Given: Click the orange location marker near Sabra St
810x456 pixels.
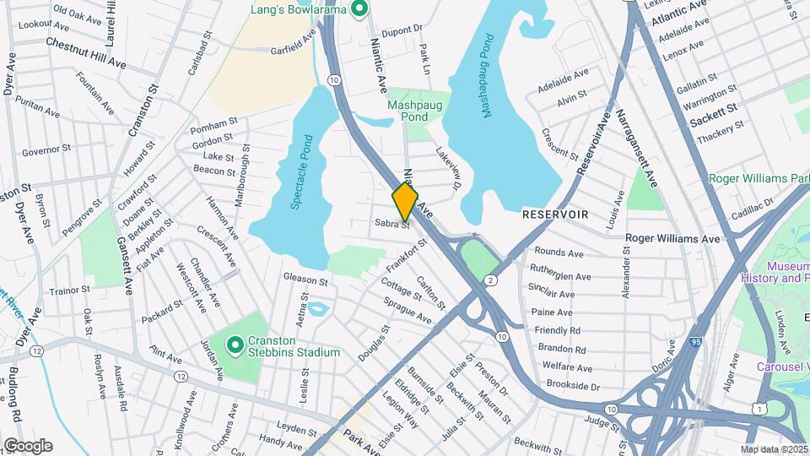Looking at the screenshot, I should [405, 202].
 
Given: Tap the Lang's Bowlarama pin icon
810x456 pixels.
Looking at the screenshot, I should [359, 9].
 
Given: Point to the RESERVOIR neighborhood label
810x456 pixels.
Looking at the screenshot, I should [554, 214].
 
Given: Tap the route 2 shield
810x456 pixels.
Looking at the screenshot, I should [492, 279].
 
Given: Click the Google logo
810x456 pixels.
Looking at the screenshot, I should [28, 446].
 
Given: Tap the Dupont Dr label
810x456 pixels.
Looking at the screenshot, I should [401, 29].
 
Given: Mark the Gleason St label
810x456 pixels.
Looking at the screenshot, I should [305, 279].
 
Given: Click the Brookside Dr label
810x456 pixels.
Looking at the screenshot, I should [571, 386].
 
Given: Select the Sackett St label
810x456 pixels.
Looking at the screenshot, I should [713, 115].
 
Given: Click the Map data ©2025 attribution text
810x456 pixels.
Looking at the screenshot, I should [772, 449].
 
